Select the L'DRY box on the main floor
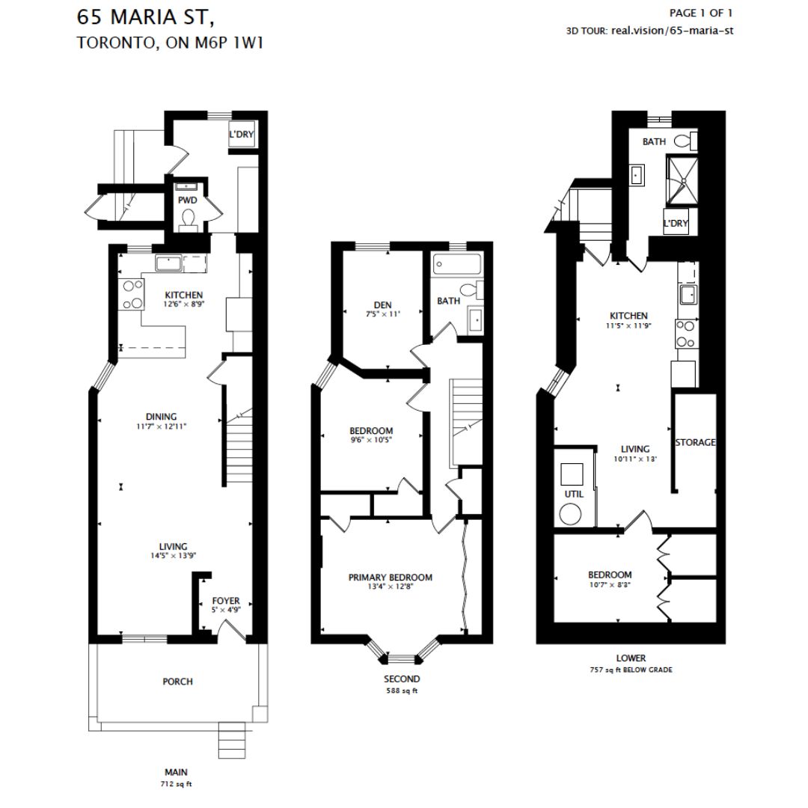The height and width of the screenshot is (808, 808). (x=241, y=135)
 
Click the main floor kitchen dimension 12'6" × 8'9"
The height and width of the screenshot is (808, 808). (x=184, y=304)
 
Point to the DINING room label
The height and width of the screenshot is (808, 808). (x=161, y=417)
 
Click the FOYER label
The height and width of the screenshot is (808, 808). (x=225, y=600)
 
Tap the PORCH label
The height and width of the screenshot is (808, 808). (x=177, y=682)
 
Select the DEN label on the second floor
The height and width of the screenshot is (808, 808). (x=384, y=304)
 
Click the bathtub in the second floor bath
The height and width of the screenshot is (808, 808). (x=456, y=264)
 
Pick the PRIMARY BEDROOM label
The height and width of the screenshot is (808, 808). (x=390, y=578)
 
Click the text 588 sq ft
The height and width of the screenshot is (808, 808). (x=402, y=691)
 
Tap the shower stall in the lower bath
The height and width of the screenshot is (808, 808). (x=681, y=180)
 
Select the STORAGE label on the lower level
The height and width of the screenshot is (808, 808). (x=695, y=442)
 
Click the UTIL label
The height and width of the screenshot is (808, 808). (x=574, y=495)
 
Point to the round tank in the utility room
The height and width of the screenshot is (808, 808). (x=572, y=515)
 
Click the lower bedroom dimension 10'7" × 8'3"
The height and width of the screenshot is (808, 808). (x=610, y=585)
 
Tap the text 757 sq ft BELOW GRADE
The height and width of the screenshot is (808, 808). (x=631, y=670)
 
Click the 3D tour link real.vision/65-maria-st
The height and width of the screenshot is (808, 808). (x=673, y=31)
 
